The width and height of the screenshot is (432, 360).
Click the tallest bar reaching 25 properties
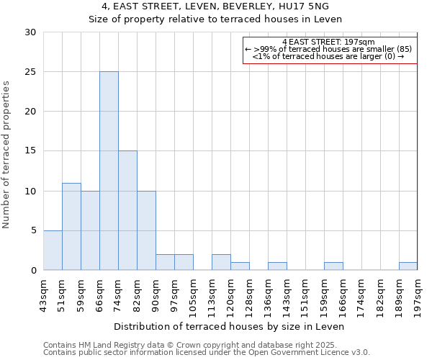point(109,171)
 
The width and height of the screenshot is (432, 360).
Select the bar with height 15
point(127,210)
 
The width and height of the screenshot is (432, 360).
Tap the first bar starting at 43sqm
point(53,250)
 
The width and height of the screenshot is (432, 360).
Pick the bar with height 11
point(71,226)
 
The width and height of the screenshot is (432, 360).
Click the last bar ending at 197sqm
point(408,266)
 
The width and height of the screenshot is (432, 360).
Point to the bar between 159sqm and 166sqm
point(333,266)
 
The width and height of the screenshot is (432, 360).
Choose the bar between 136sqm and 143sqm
point(277,266)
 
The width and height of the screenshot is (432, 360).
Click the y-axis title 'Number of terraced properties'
point(7,155)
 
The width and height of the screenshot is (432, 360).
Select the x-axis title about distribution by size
point(230,326)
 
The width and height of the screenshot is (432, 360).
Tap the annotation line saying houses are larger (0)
point(328,56)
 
